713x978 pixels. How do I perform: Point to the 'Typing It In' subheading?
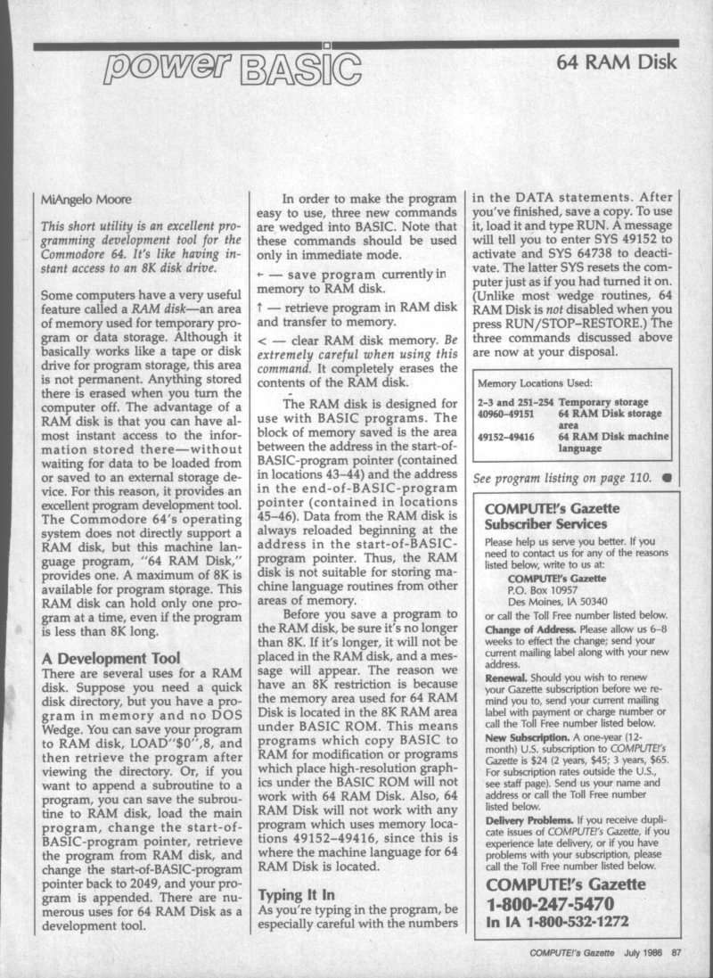(299, 892)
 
